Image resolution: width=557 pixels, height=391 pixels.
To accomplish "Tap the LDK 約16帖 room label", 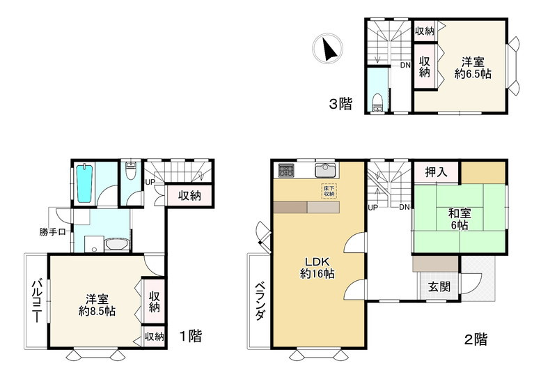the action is coord(317,268).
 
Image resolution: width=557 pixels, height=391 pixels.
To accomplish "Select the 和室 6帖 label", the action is coord(460,220).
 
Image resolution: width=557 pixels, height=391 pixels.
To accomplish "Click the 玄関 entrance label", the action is coord(439,286).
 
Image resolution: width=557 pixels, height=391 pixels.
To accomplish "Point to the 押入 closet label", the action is coord(437,172).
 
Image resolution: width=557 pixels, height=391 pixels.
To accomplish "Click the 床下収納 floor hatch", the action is coord(329,191).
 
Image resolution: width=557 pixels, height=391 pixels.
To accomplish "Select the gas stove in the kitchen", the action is coord(286,170).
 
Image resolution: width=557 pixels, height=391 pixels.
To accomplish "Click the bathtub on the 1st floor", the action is coord(84,183).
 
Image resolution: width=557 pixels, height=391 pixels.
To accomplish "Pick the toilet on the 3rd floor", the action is coord(377,102).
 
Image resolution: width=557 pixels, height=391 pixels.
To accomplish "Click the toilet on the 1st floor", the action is coord(131,171).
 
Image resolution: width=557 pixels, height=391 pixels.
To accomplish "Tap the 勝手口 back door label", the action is coord(53,233).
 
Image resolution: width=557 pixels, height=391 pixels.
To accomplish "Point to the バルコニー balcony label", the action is coord(37,301).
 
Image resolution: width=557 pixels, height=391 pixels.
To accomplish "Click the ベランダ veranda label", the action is coord(260,301).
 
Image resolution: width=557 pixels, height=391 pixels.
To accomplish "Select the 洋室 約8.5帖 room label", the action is coord(97,305).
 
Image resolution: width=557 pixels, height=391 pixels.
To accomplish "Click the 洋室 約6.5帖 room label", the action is coord(473,68).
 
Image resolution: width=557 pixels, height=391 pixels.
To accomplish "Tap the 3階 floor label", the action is coord(340,104).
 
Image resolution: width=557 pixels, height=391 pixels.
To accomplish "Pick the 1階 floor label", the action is coord(190,336).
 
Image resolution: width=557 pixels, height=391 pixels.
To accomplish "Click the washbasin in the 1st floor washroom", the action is coord(116,245).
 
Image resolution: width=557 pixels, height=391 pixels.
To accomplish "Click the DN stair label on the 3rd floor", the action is coord(405,65).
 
